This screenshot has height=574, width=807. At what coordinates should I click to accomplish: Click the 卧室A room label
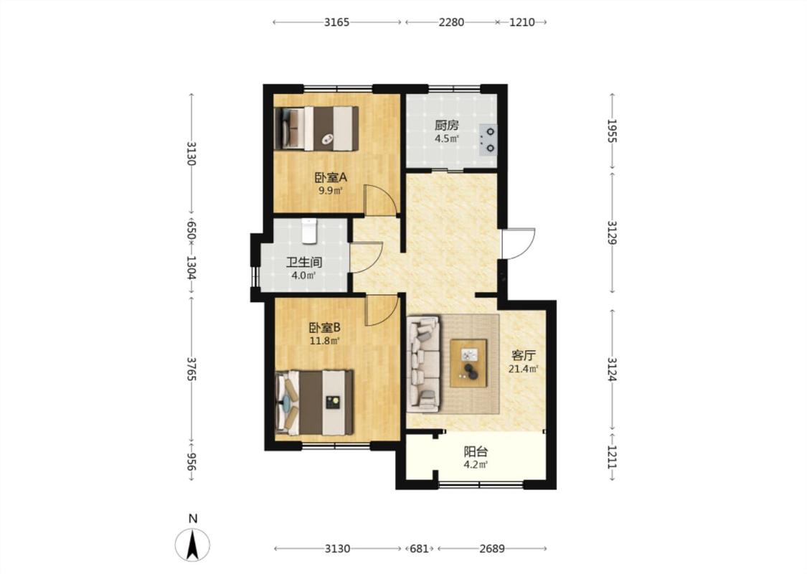[331, 178]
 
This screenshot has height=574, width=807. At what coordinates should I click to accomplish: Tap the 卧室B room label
[325, 327]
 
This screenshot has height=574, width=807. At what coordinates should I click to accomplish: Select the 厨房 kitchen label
[446, 125]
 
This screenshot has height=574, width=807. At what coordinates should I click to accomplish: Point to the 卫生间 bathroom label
[303, 262]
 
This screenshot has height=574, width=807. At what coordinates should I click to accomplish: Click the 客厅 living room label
[524, 355]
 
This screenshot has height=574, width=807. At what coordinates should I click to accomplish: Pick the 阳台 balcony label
[476, 452]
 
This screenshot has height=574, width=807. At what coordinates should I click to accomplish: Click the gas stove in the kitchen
[488, 139]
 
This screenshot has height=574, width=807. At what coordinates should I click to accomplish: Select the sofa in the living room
[423, 364]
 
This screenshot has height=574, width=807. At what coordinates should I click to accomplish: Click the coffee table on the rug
[468, 363]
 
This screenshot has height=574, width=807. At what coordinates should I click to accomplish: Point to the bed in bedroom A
[316, 128]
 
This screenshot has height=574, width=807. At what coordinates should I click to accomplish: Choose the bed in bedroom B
[314, 402]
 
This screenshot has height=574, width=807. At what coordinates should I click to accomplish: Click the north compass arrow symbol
[192, 545]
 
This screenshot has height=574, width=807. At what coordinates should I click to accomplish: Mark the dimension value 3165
[337, 22]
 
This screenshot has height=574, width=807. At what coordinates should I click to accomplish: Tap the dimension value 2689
[492, 549]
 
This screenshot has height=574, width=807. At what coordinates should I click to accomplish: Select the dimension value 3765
[192, 369]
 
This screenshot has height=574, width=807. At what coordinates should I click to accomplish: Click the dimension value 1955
[612, 131]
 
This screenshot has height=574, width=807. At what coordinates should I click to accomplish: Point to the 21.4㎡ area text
[524, 369]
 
